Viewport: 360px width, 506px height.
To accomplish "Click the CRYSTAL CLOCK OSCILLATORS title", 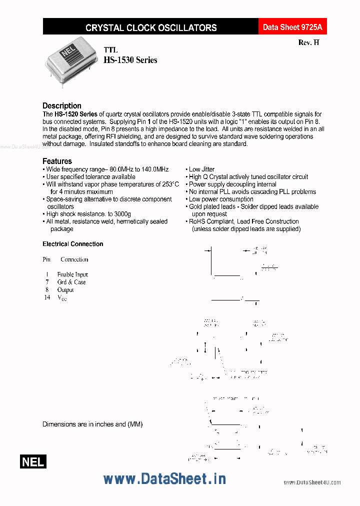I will [x=151, y=27].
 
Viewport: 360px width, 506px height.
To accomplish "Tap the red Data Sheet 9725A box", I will [x=292, y=27].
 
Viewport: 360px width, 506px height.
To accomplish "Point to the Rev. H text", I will [x=308, y=43].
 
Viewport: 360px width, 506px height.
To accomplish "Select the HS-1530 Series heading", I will [x=130, y=60].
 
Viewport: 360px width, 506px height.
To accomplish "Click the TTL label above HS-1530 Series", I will [x=110, y=50].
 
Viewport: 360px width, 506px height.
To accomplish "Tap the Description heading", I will [x=62, y=105].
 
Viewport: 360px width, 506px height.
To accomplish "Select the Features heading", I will [x=57, y=161].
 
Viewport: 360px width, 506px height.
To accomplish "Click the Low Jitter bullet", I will [x=201, y=169].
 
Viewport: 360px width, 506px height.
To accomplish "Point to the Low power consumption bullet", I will [x=220, y=199].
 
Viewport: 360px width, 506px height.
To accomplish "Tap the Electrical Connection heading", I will [x=73, y=244].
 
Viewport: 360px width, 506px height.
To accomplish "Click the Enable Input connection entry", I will [x=72, y=274].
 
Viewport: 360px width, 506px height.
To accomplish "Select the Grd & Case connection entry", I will [x=71, y=282].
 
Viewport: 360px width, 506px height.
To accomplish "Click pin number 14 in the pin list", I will [x=47, y=297].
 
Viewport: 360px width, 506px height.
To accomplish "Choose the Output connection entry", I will [x=65, y=289].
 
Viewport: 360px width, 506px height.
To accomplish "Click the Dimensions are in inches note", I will [x=92, y=424].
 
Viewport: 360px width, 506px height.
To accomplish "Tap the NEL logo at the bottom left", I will [x=33, y=462].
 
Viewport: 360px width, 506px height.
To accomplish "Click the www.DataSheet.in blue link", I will [x=164, y=478].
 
